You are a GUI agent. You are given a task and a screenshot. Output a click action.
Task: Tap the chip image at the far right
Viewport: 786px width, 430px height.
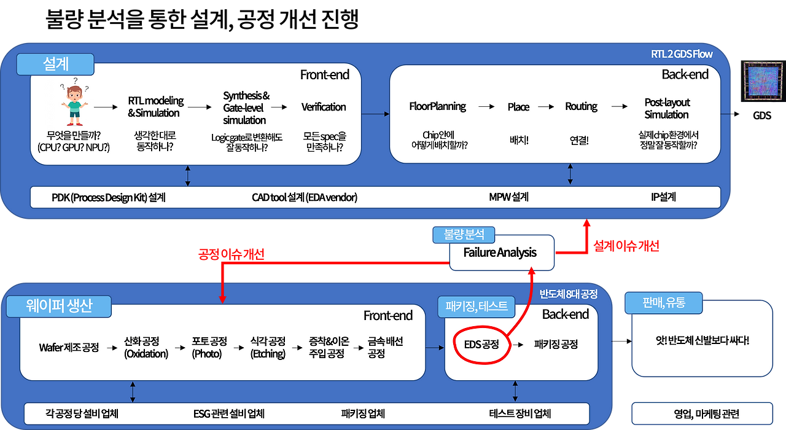(x=762, y=82)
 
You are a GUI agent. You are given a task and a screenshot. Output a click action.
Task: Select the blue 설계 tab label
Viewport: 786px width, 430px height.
(x=56, y=64)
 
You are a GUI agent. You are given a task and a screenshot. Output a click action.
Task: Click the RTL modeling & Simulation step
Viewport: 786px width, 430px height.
(x=155, y=107)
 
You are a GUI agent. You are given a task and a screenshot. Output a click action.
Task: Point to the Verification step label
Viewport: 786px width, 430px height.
(x=324, y=107)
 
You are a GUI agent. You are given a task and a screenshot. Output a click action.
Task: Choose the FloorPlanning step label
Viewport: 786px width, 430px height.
(x=437, y=106)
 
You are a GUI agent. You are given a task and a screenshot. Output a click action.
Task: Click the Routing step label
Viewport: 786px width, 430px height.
(x=581, y=106)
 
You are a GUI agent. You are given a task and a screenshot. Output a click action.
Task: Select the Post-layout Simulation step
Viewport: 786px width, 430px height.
(x=667, y=108)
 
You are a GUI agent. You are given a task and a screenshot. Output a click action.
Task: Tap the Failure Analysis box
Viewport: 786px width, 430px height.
(x=500, y=252)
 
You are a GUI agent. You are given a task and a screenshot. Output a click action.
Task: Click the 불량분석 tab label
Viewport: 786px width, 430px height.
(x=464, y=234)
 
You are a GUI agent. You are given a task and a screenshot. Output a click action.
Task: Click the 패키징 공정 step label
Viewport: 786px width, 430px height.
(x=556, y=345)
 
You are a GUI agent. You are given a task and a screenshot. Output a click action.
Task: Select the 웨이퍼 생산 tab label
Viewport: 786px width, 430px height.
(x=59, y=306)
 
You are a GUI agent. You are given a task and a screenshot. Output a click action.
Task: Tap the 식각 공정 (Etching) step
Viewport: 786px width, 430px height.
(x=268, y=347)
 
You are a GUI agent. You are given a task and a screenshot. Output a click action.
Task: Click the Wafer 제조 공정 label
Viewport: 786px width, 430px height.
(x=69, y=347)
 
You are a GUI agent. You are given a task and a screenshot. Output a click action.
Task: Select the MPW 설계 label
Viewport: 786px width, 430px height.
(x=508, y=197)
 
